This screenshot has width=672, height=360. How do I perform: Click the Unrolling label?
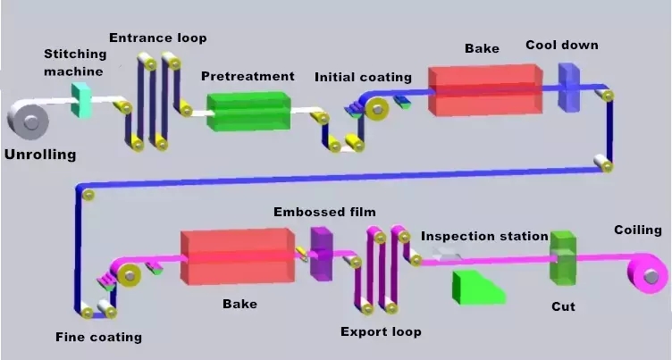[x=40, y=155]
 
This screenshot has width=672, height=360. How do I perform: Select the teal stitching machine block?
[x=82, y=99]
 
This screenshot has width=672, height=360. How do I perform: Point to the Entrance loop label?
[x=158, y=38]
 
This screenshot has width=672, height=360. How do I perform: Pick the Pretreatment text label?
[x=248, y=76]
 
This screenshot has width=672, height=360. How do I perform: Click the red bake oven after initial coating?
[x=485, y=89]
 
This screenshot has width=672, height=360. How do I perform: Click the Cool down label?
[x=562, y=45]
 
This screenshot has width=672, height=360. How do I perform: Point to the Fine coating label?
[x=98, y=337]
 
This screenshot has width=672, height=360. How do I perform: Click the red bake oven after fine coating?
[x=237, y=257]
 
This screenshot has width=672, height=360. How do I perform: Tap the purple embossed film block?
[x=321, y=253]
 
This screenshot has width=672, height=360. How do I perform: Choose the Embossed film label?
[x=324, y=212]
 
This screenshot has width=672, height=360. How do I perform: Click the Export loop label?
[x=381, y=331]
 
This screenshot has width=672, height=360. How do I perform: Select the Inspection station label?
[x=484, y=236]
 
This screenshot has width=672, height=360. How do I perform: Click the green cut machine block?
[x=563, y=257]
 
